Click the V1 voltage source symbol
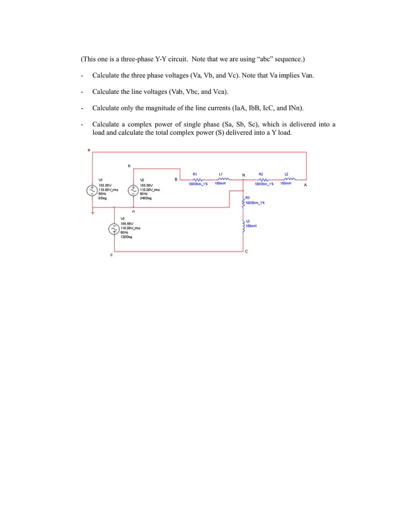click(x=93, y=190)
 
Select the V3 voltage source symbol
click(x=114, y=228)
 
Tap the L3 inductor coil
click(x=244, y=226)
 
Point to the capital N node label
click(x=243, y=175)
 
